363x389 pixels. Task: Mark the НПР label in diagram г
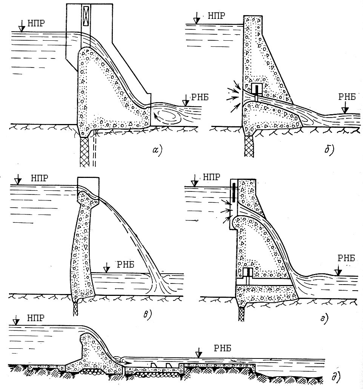[x=211, y=176]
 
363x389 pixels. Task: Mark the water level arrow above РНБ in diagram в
[x=107, y=268]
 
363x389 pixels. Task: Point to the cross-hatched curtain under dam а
[x=85, y=151]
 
